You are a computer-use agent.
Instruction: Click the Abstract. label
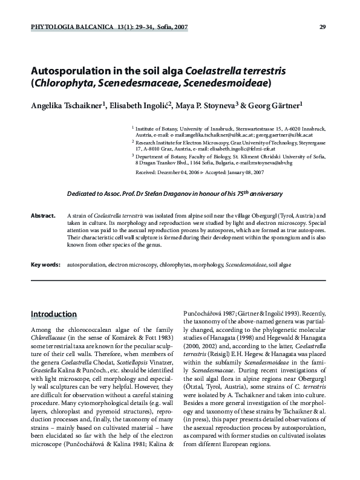[x=43, y=215]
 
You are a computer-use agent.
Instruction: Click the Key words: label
[x=45, y=265]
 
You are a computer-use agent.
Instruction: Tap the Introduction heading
[x=54, y=314]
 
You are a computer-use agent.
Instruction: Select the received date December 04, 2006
[x=183, y=172]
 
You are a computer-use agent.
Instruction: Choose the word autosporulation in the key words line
[x=87, y=265]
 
